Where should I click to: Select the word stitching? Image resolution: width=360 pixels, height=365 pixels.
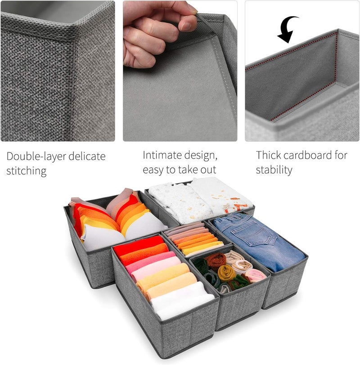click(27, 171)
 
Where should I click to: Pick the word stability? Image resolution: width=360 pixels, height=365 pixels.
click(274, 170)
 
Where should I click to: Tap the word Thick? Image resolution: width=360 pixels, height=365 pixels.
click(269, 155)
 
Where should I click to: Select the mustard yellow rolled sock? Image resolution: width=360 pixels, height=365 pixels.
click(226, 272)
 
